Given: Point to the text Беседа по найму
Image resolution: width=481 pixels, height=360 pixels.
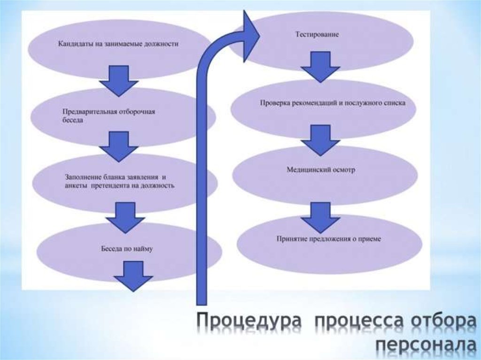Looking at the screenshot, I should [127, 248].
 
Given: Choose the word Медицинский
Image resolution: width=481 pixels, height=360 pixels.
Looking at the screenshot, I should [308, 169].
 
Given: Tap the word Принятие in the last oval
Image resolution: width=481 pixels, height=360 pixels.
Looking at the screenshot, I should [291, 239].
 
